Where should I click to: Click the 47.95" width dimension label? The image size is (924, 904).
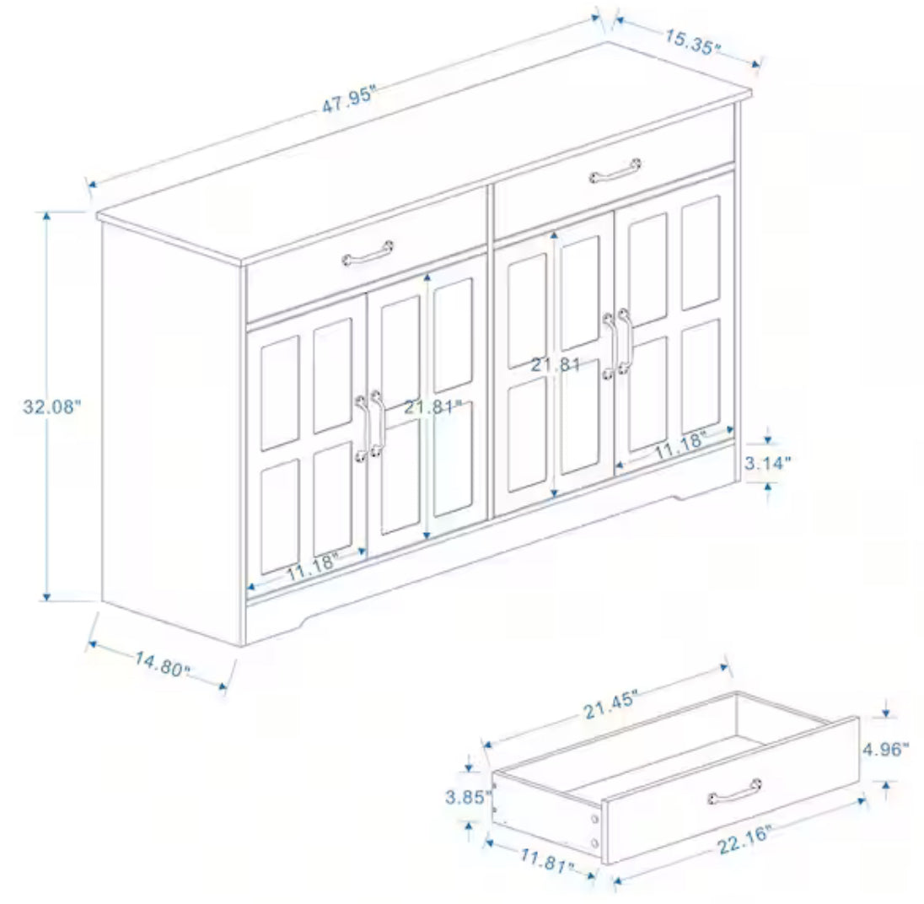pyautogui.click(x=348, y=99)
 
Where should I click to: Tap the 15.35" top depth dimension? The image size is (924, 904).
pyautogui.click(x=693, y=41)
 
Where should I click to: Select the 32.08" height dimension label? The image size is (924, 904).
pyautogui.click(x=51, y=406)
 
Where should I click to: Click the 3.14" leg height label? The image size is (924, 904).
pyautogui.click(x=767, y=463)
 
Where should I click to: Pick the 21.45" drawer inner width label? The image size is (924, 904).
pyautogui.click(x=611, y=704)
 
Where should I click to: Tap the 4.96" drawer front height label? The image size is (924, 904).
pyautogui.click(x=886, y=750)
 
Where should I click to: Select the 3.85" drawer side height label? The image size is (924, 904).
pyautogui.click(x=468, y=798)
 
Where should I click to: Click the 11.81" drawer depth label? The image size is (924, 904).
pyautogui.click(x=546, y=860)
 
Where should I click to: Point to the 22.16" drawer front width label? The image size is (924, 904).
pyautogui.click(x=744, y=840)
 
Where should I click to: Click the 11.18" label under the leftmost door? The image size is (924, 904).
pyautogui.click(x=313, y=567)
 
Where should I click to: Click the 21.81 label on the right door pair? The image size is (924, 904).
pyautogui.click(x=556, y=364)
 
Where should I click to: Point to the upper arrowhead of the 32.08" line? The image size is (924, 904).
pyautogui.click(x=47, y=216)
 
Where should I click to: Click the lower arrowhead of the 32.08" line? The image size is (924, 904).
pyautogui.click(x=47, y=596)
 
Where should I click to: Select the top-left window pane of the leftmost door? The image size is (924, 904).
pyautogui.click(x=279, y=393)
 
